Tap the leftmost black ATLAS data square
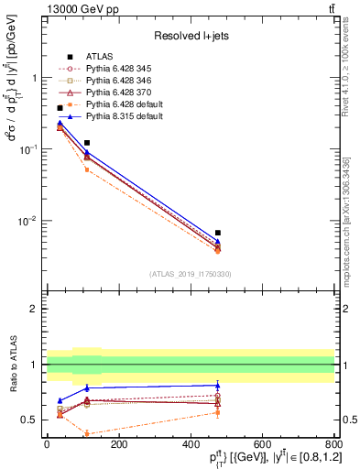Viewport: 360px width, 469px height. [x=60, y=108]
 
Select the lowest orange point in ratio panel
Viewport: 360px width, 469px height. [x=87, y=433]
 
